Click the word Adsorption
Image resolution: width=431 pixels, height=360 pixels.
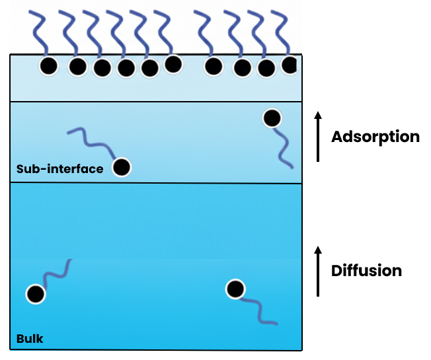click(375, 137)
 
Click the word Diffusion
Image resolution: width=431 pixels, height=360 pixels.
click(366, 270)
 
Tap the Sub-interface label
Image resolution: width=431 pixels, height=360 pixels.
click(59, 169)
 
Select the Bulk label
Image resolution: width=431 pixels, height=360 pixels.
click(30, 339)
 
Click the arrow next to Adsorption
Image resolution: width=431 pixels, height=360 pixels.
click(318, 137)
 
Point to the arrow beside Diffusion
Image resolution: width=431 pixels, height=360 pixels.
click(318, 271)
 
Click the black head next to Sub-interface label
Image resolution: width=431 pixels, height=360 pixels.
click(121, 168)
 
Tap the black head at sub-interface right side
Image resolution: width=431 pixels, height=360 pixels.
click(272, 118)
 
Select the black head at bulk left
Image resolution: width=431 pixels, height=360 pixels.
click(35, 294)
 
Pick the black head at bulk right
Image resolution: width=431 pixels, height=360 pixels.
click(235, 289)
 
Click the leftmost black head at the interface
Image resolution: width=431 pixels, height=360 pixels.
click(48, 66)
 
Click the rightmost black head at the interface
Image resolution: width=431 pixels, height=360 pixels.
click(290, 65)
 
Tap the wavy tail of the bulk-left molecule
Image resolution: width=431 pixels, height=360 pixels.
click(56, 272)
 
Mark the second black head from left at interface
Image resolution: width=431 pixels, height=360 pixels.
click(78, 66)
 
